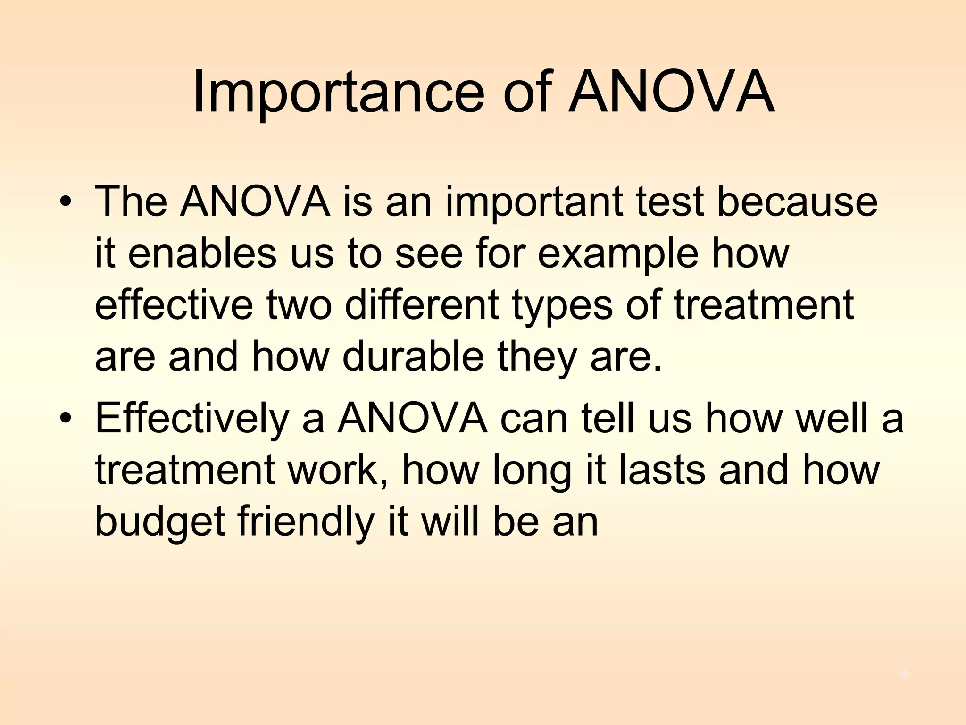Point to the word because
[797, 202]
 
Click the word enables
[202, 254]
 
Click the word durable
[413, 357]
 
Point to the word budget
[160, 523]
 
